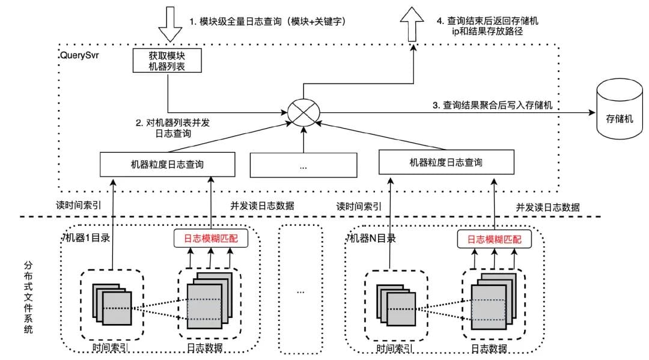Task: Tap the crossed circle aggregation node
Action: (303, 111)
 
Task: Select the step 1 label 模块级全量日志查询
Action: (268, 21)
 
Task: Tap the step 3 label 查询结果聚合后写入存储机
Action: (493, 105)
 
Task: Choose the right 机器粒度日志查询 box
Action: (446, 162)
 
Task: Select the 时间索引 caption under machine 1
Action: (111, 347)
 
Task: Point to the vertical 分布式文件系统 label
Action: (28, 297)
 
